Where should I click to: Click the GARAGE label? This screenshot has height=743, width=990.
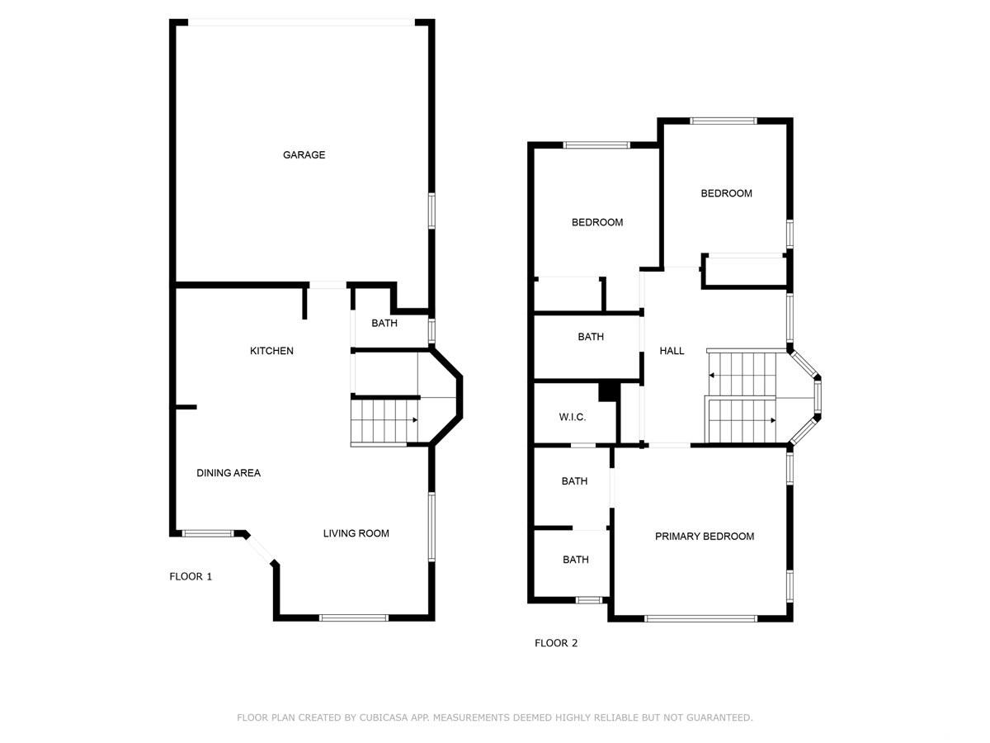(x=304, y=154)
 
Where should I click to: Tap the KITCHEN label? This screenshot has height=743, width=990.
(x=271, y=351)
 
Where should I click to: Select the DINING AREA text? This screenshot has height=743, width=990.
(x=229, y=473)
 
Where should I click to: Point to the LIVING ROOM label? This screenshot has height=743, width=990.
(x=356, y=533)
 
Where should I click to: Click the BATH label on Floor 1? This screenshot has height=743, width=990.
(x=384, y=323)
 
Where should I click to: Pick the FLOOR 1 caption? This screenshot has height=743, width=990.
(x=191, y=576)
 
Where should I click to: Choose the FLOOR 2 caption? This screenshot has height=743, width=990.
(x=556, y=643)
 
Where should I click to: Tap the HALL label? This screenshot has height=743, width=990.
(x=672, y=351)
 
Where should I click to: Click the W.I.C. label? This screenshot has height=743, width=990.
(x=573, y=417)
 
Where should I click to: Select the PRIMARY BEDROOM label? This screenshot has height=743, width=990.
(x=705, y=536)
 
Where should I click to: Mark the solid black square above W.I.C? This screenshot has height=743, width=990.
(x=607, y=392)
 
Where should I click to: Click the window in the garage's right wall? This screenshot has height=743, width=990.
(x=431, y=211)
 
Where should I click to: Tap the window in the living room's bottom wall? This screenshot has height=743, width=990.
(x=354, y=618)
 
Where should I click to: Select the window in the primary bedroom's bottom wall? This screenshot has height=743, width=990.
(x=700, y=618)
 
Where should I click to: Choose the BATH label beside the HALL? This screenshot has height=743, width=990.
(x=591, y=337)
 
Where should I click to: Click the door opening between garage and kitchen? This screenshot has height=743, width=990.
(x=328, y=285)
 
